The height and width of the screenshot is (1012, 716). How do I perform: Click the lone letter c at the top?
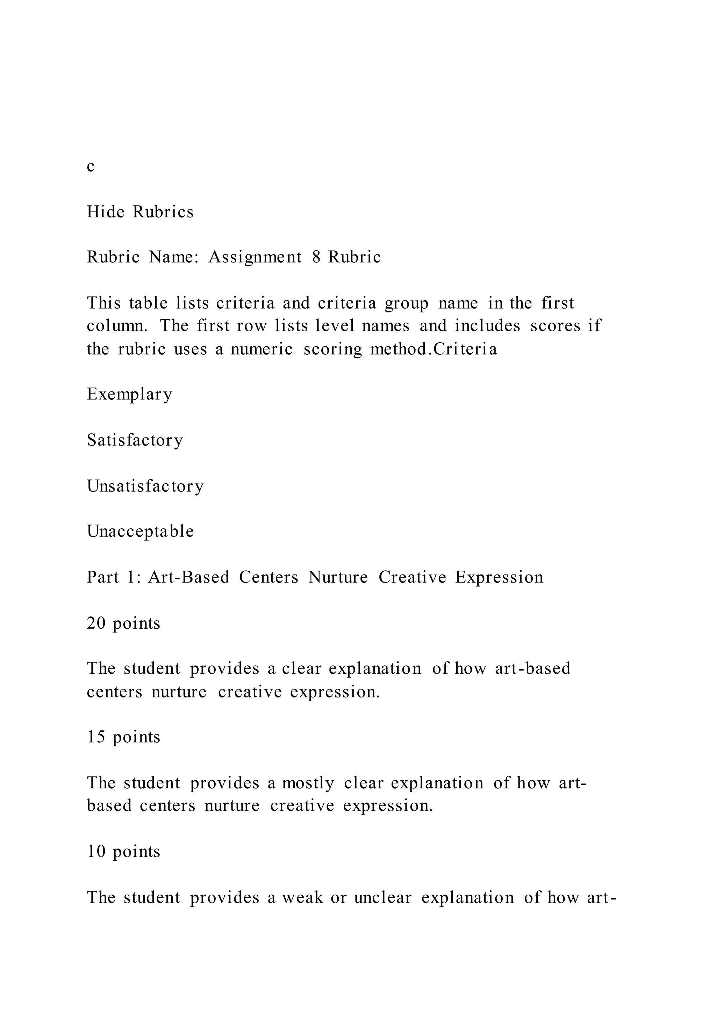click(91, 167)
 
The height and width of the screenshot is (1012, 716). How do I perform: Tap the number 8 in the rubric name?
click(316, 257)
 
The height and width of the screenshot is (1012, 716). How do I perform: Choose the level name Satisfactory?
click(135, 440)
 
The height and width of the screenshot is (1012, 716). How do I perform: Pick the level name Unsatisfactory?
click(145, 486)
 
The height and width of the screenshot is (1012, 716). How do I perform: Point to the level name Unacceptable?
click(140, 532)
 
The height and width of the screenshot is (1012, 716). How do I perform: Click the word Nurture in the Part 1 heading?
click(338, 577)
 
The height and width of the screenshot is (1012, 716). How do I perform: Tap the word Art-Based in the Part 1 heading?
click(189, 577)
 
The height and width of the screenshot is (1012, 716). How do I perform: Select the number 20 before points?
click(96, 623)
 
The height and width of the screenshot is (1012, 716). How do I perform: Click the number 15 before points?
click(96, 737)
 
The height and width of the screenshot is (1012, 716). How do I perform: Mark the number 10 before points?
click(96, 851)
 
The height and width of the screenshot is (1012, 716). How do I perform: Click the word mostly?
click(308, 783)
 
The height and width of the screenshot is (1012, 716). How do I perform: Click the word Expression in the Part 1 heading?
click(499, 577)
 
